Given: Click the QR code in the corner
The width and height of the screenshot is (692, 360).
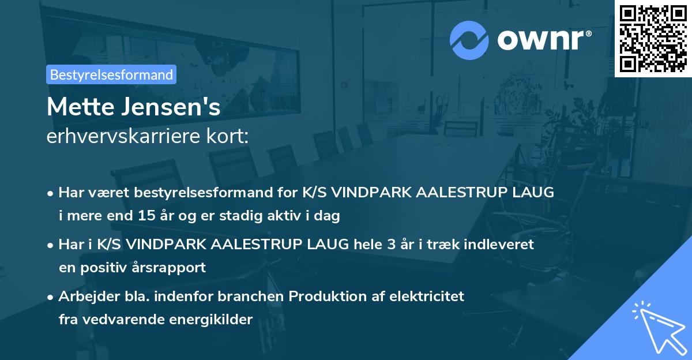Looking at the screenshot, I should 653,38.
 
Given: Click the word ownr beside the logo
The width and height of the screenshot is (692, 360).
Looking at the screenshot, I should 543,40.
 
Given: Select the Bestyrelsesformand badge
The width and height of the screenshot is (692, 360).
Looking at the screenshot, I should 111,74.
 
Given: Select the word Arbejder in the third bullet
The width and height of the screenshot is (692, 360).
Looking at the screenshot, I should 85,296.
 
